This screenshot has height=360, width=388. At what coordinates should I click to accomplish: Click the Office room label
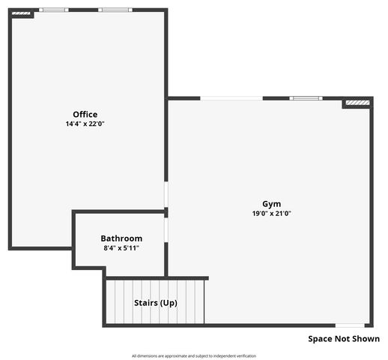click(x=85, y=114)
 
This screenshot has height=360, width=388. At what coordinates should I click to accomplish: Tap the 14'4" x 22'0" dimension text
click(x=85, y=124)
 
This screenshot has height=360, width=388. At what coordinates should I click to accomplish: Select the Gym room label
click(x=271, y=203)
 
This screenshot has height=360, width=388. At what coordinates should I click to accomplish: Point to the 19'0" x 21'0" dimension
click(x=271, y=213)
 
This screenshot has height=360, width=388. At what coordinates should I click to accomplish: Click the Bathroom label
click(x=121, y=238)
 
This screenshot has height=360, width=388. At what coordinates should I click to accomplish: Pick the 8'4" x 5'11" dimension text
click(x=121, y=247)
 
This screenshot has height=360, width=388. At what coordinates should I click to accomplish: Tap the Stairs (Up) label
click(x=155, y=303)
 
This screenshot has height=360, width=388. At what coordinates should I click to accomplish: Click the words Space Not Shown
click(x=344, y=339)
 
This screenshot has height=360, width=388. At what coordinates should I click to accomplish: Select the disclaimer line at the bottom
click(x=194, y=355)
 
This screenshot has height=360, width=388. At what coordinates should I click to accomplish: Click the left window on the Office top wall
click(x=54, y=10)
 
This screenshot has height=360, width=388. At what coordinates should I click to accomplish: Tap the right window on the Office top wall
click(x=115, y=10)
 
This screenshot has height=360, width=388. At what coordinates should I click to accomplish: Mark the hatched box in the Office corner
click(x=22, y=13)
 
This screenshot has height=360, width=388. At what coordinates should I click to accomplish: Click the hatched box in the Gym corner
click(x=357, y=102)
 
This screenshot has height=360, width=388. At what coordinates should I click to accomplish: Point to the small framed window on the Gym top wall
click(x=306, y=98)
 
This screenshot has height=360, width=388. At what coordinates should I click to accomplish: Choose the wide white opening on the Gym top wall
click(x=231, y=98)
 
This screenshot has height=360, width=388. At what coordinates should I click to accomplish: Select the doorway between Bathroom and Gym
click(x=166, y=229)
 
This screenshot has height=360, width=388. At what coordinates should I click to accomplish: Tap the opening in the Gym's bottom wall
click(x=350, y=325)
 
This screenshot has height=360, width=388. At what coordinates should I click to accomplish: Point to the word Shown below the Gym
click(x=365, y=339)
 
